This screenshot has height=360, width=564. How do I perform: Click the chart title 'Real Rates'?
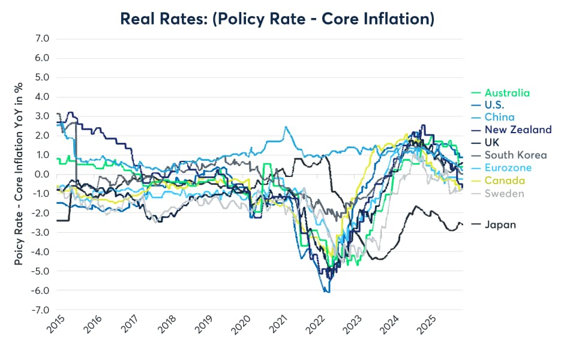277,19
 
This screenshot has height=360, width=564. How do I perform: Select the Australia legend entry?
507,93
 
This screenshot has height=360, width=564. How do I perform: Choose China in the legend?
500,117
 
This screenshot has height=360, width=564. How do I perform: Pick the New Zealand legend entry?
518,130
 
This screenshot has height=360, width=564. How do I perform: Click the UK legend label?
492,142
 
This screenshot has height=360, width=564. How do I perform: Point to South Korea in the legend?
515,155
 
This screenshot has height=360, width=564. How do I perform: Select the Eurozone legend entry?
508,168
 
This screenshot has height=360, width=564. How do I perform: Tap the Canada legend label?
505,181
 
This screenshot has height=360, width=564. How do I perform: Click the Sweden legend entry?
504,193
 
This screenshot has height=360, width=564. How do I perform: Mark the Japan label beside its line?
500,224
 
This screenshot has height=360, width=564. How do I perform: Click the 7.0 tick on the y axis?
43,38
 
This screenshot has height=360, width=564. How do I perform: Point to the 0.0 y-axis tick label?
43,174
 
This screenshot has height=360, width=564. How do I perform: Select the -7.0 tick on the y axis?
41,310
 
